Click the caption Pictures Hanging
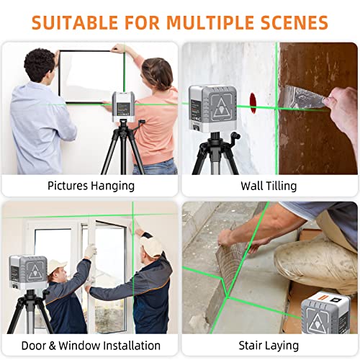[x=91, y=186]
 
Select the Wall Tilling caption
[x=269, y=186]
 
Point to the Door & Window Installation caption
[x=91, y=345]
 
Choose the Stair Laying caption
[x=269, y=345]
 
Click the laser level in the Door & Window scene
[x=28, y=273]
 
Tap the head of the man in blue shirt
[x=40, y=64]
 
